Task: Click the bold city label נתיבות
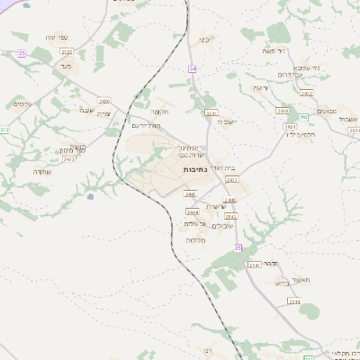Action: [x=196, y=169]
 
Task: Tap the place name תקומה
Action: [x=160, y=112]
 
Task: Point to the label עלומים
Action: [x=24, y=104]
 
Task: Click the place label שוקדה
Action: [x=43, y=171]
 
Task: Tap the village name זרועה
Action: [x=261, y=87]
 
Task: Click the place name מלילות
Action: [x=196, y=240]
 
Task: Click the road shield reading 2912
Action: [x=306, y=93]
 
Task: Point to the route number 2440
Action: [x=190, y=193]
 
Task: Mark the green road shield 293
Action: [x=303, y=117]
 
